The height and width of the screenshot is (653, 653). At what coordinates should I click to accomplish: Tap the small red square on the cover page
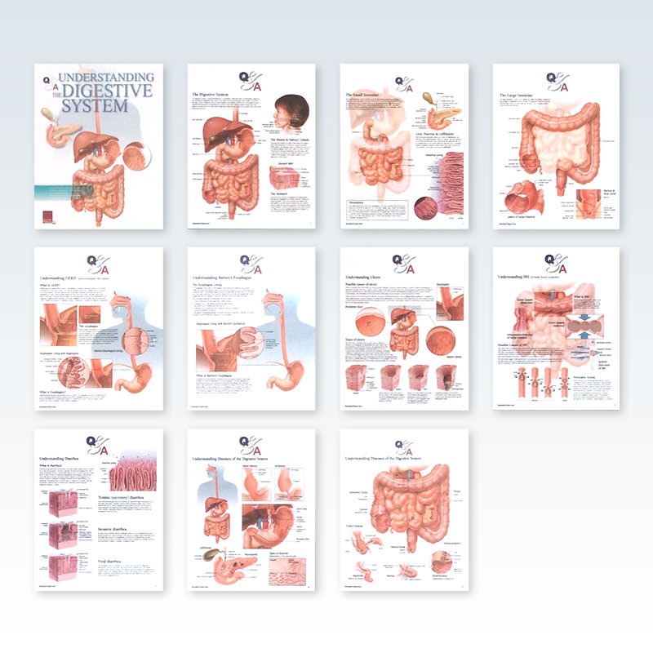[48, 215]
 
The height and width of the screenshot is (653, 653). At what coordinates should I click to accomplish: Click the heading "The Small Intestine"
[368, 95]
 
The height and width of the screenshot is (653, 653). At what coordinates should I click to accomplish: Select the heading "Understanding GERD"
[65, 278]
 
